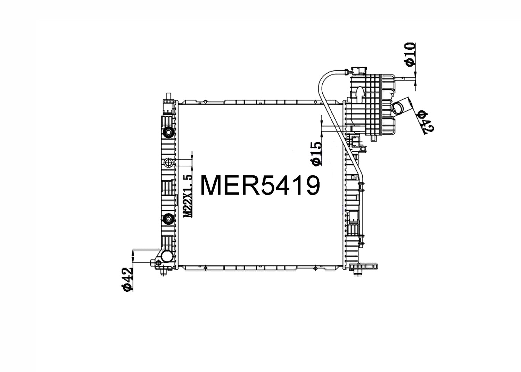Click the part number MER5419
tap(260, 185)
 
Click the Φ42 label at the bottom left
tap(128, 279)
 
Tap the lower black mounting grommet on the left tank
tap(168, 219)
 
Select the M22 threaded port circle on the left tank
tap(168, 162)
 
